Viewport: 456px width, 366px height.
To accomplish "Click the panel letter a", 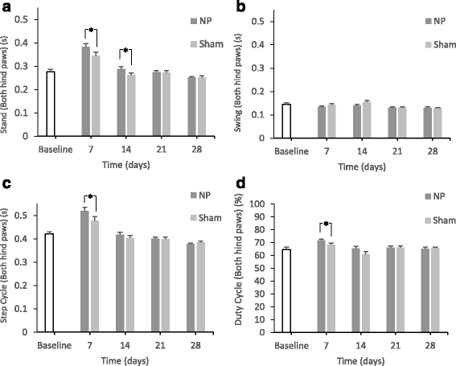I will point(6,7).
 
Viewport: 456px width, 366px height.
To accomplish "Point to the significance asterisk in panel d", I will point(327,225).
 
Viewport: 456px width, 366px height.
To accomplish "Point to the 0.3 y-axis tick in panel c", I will point(24,261).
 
